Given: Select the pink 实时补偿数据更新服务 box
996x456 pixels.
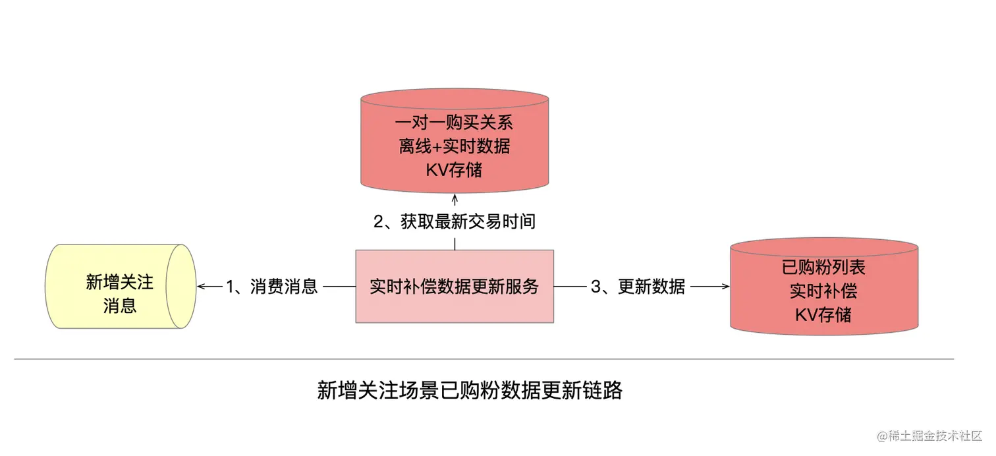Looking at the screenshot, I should tap(455, 287).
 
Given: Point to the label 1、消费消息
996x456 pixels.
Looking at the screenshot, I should tap(272, 287).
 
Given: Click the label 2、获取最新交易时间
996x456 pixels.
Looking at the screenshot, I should tap(455, 222).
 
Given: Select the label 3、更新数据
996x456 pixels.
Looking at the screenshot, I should tap(638, 287).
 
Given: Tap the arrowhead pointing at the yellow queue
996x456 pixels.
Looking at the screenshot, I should tap(201, 287).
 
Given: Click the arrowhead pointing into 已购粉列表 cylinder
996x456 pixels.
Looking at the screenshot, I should tap(726, 287).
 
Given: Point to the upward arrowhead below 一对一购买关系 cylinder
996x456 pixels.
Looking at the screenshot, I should tap(455, 197).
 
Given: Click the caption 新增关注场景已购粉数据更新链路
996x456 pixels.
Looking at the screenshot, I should tap(470, 391).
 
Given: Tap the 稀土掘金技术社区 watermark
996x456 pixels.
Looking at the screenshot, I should tap(928, 437).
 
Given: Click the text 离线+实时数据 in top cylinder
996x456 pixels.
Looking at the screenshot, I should tap(455, 146).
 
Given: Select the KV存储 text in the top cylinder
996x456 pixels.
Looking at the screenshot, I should tap(455, 169).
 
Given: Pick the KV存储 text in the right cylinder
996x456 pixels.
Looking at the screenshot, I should tap(823, 314).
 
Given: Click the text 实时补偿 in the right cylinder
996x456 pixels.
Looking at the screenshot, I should tap(823, 291).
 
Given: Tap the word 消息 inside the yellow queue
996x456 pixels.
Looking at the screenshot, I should tap(119, 306).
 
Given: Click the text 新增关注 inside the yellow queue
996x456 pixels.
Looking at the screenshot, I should tap(119, 282).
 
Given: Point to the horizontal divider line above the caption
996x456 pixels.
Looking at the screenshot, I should tap(484, 359).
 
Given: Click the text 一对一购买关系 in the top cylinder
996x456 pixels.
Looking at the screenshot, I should tap(455, 123).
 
